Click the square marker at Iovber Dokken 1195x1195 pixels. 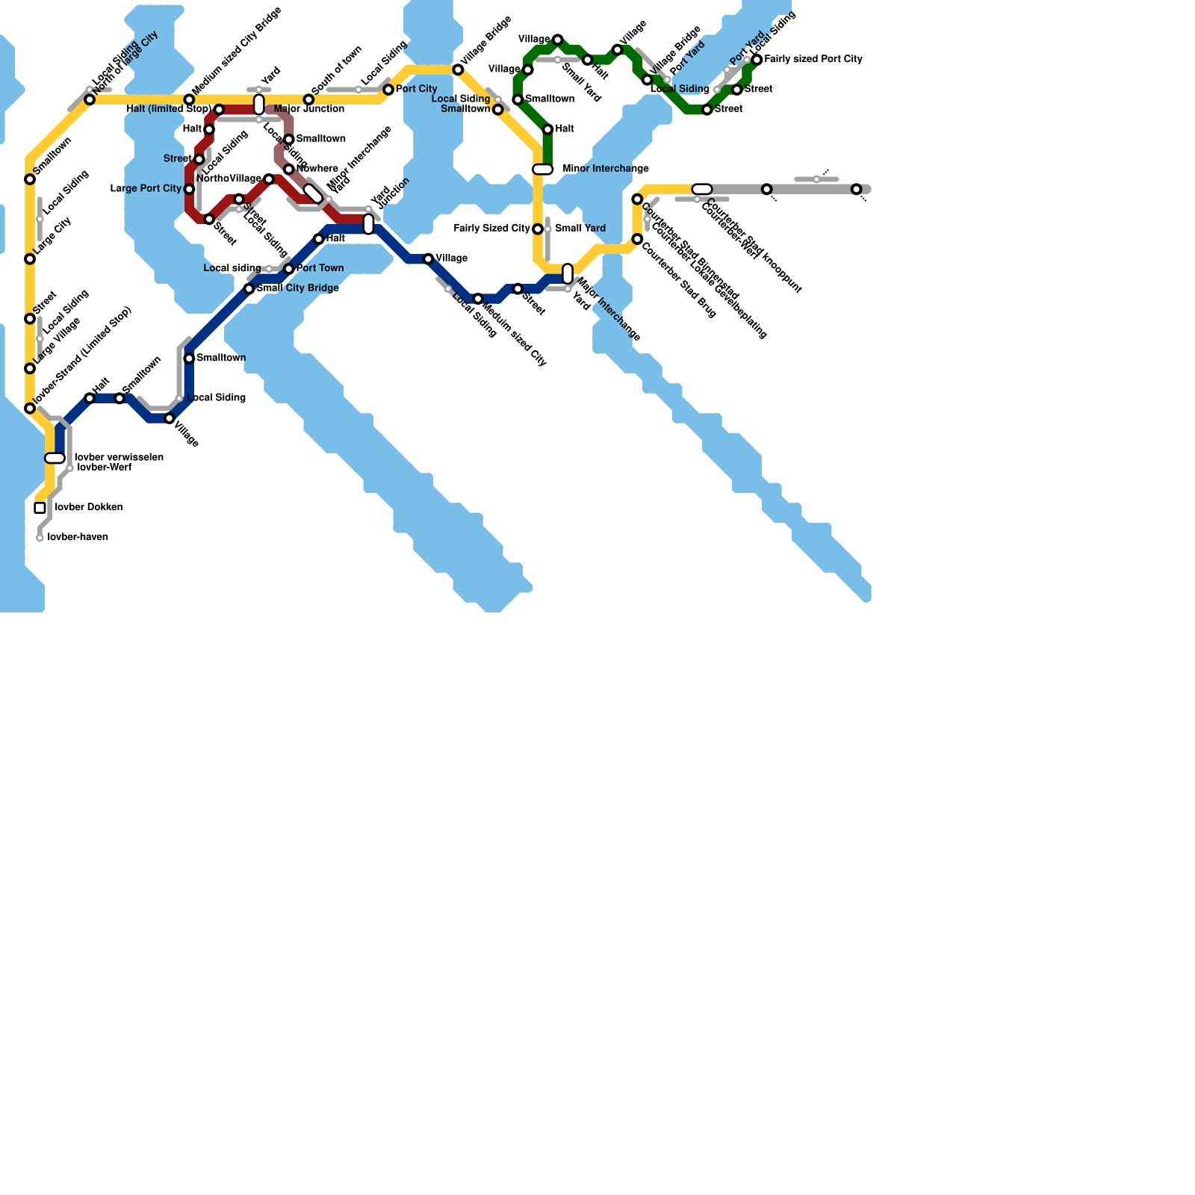tap(40, 508)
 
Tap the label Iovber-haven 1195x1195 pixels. tap(78, 538)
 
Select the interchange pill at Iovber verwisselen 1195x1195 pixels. tap(55, 458)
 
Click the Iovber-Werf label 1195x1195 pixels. tap(105, 468)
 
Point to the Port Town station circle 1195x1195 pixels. tap(289, 269)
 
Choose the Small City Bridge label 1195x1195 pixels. tap(298, 288)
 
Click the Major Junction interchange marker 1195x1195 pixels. tap(259, 105)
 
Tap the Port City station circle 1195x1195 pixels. tap(388, 90)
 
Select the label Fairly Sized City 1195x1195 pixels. tap(492, 229)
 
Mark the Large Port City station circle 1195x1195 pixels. tap(190, 189)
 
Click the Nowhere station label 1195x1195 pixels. tap(317, 169)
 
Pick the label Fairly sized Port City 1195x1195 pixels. tap(813, 59)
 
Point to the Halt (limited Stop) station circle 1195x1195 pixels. tap(219, 110)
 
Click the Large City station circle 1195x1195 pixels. tap(30, 259)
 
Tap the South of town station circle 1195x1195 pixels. tap(308, 99)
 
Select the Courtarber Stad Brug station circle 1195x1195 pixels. tap(637, 239)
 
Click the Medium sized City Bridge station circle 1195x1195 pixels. tap(190, 99)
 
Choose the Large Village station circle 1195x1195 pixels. tap(30, 368)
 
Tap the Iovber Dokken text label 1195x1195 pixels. tap(89, 508)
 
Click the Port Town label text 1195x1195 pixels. tap(320, 268)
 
